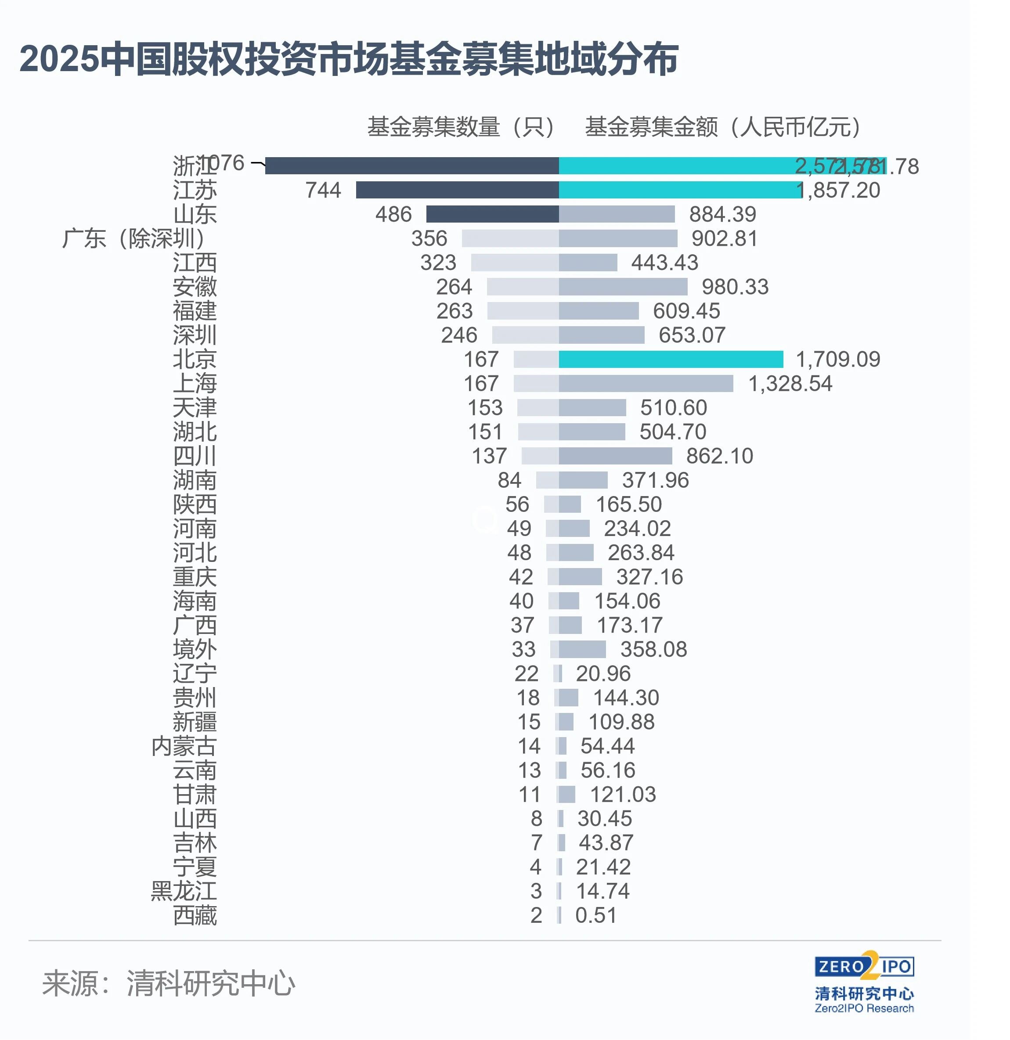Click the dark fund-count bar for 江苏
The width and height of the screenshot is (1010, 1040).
[457, 190]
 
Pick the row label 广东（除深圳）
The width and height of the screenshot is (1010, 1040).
[134, 239]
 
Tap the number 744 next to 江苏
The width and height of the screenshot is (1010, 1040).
[323, 191]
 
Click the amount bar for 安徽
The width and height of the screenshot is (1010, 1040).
[623, 287]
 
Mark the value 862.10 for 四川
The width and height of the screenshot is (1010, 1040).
[719, 456]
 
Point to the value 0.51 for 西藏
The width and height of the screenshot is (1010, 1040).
[595, 916]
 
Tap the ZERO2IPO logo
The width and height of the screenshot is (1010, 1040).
[864, 967]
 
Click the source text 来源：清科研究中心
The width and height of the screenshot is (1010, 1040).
[168, 983]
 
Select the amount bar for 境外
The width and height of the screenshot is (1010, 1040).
[582, 649]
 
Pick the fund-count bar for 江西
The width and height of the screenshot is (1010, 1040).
[514, 263]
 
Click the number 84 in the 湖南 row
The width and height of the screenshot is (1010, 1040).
[509, 480]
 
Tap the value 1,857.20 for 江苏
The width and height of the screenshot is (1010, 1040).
[839, 191]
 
